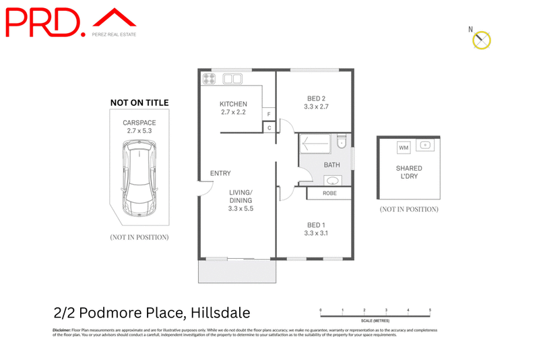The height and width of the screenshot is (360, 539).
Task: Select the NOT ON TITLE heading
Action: [x=139, y=102]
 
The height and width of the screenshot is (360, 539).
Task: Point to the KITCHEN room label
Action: [x=233, y=104]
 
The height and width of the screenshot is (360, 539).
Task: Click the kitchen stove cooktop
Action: [x=210, y=79]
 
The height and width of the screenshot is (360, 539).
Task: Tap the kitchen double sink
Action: [x=232, y=79]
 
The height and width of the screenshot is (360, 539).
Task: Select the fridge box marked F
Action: [x=269, y=115]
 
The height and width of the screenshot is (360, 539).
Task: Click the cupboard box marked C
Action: [x=269, y=127]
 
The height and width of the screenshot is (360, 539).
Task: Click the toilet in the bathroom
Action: [x=341, y=142]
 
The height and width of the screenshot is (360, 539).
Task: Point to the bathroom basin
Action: [x=332, y=180]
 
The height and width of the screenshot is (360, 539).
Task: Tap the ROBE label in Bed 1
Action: [x=329, y=193]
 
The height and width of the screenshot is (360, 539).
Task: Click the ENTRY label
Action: [x=220, y=173]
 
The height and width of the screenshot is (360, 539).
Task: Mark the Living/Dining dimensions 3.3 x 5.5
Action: [x=241, y=209]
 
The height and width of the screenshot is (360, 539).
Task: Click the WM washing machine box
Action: [x=404, y=148]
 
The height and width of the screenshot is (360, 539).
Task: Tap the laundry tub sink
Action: [x=426, y=145]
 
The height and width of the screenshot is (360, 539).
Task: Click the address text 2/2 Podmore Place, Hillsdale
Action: [x=152, y=313]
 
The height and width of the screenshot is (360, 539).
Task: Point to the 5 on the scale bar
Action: [x=430, y=310]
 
